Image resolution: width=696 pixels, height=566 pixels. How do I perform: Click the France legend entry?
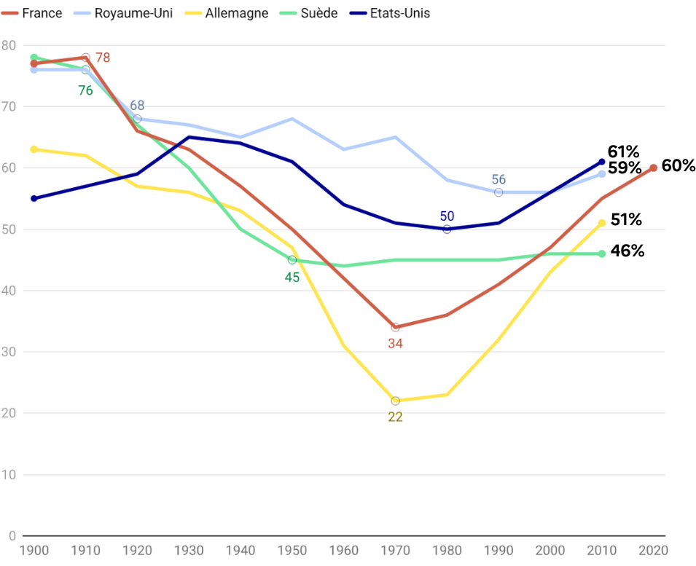click(35, 13)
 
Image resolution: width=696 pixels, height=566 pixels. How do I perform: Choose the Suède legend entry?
click(311, 13)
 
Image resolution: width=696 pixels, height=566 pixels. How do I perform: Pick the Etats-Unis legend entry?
click(390, 13)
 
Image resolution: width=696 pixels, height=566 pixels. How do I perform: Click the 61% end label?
click(623, 152)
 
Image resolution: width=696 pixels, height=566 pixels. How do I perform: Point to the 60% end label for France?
click(679, 166)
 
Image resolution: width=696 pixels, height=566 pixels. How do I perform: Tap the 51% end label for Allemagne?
click(626, 219)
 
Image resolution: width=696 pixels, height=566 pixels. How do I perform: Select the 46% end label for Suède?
click(627, 251)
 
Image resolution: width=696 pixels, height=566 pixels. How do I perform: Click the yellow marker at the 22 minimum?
click(395, 401)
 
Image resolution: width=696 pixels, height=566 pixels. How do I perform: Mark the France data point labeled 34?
click(395, 327)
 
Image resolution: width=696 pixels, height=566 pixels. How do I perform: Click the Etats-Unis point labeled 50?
click(447, 229)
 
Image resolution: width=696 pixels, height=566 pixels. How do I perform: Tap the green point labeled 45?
click(292, 260)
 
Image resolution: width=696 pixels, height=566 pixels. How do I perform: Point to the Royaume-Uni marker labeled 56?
click(498, 192)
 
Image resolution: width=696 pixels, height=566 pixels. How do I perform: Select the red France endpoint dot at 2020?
click(653, 168)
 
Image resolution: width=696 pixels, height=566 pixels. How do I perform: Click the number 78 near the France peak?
click(103, 58)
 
